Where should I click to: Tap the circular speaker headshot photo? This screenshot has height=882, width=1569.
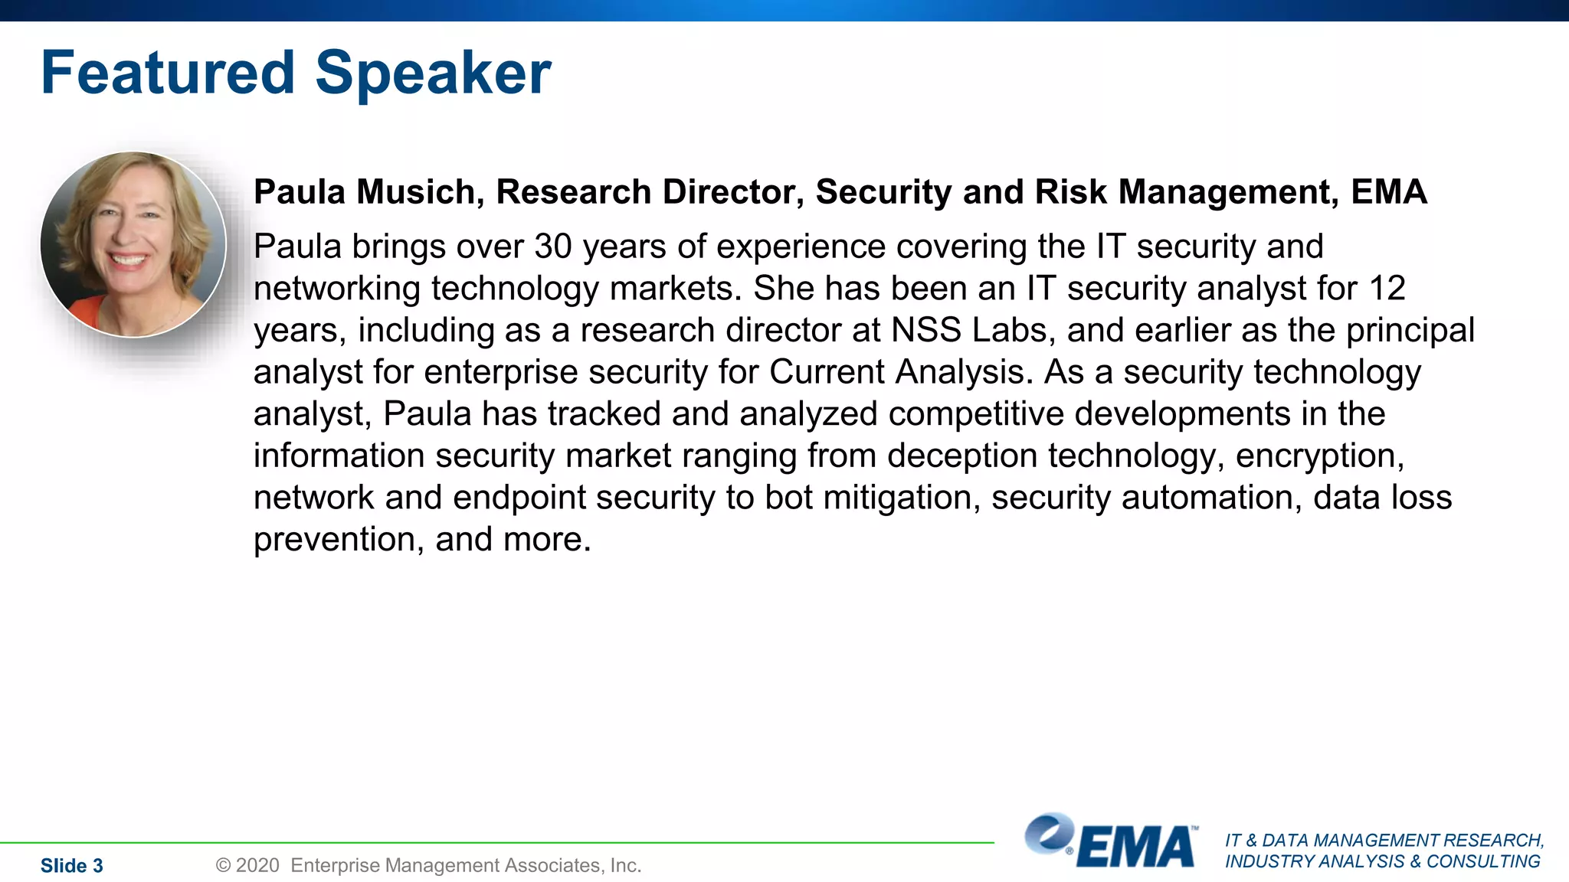pos(133,244)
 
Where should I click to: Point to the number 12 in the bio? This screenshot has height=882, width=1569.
pos(1387,289)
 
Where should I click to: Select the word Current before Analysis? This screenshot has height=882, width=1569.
pos(826,372)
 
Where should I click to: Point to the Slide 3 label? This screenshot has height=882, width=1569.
pos(71,865)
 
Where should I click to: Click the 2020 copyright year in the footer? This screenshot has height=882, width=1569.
pos(257,865)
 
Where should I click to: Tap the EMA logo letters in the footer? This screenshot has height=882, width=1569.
pos(1136,847)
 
